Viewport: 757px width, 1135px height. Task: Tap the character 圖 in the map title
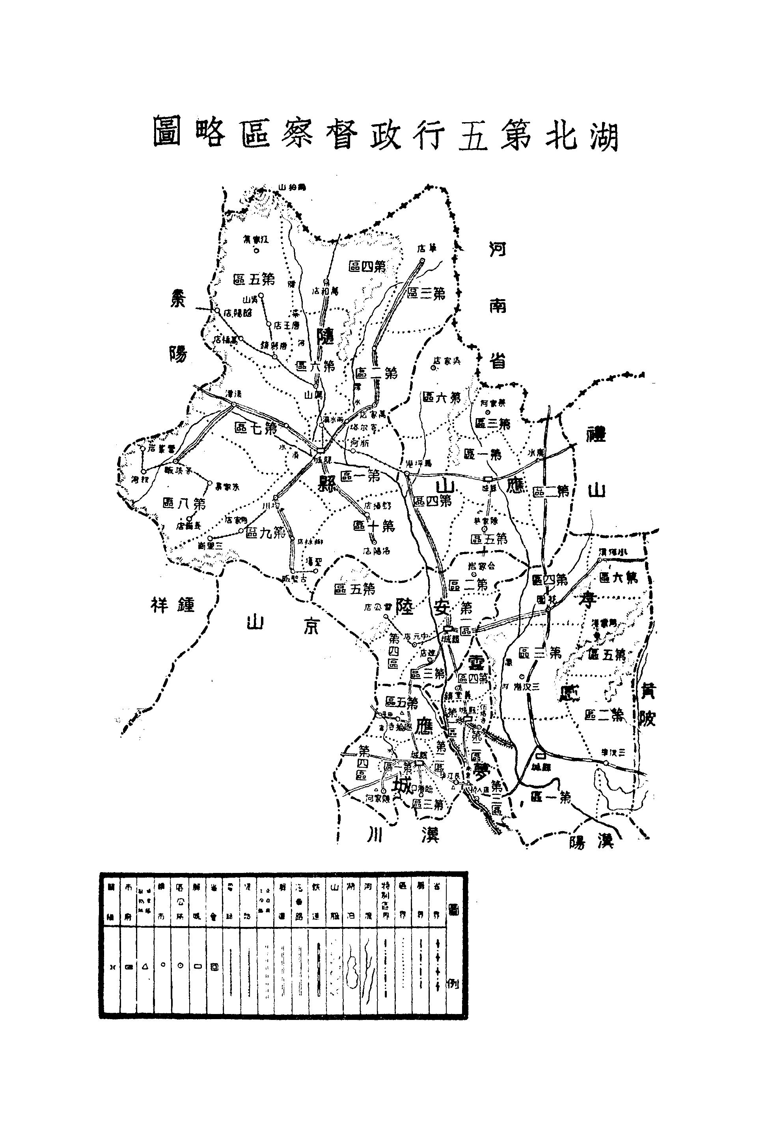pyautogui.click(x=167, y=131)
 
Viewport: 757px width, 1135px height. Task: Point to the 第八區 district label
pyautogui.click(x=185, y=503)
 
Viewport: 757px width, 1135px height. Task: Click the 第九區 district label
pyautogui.click(x=265, y=532)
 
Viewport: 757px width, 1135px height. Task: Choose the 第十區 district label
pyautogui.click(x=374, y=525)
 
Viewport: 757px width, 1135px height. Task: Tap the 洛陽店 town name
pyautogui.click(x=376, y=551)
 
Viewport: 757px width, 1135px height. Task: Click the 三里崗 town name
pyautogui.click(x=210, y=546)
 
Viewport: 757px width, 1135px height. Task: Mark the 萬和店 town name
pyautogui.click(x=326, y=291)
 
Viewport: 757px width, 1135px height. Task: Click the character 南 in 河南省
pyautogui.click(x=497, y=305)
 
